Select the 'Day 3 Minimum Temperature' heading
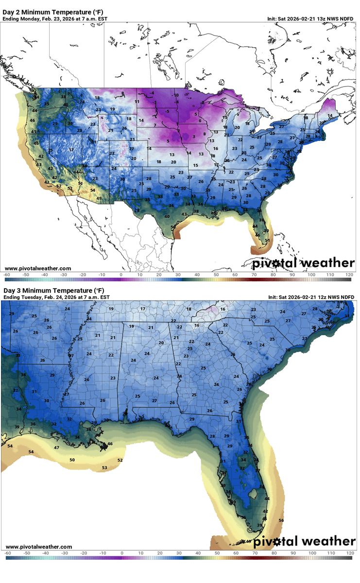[x=55, y=290]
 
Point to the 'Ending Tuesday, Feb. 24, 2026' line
[x=56, y=297]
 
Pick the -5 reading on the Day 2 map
[x=167, y=111]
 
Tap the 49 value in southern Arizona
[x=99, y=198]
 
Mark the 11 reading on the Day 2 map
[x=137, y=102]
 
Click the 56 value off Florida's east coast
[x=281, y=520]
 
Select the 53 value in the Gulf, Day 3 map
[x=104, y=467]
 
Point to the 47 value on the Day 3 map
[x=56, y=447]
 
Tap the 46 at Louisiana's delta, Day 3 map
[x=110, y=444]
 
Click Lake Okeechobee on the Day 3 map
[x=252, y=494]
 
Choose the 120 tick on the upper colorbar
[x=349, y=274]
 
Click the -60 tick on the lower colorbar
[x=7, y=553]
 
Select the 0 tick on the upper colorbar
[x=121, y=274]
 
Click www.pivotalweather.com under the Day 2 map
[x=38, y=268]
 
